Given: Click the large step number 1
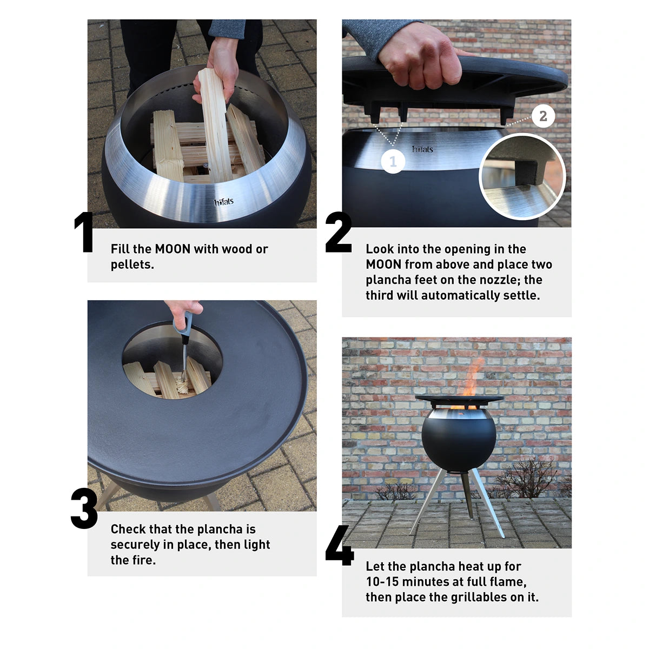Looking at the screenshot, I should pos(84,233).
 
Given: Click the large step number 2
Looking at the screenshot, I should pos(339,233).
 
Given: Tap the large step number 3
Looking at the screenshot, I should pos(84,509).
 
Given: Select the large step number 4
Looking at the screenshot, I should pos(340,547).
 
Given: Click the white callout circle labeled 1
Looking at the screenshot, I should pos(393,161).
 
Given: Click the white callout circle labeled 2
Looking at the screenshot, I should pos(543,116).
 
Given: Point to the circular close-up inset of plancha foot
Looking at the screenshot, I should pos(522,177).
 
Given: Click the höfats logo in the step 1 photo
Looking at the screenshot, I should pos(224,202).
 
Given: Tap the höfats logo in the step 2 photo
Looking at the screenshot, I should pos(422,149).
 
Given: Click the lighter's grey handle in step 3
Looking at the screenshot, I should pos(182,325).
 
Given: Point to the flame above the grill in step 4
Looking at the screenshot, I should pos(472,379).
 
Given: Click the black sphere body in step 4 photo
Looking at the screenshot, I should pos(459,441).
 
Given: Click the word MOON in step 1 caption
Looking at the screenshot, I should pos(173,249).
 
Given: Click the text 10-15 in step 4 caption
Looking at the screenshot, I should pos(383,582).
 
